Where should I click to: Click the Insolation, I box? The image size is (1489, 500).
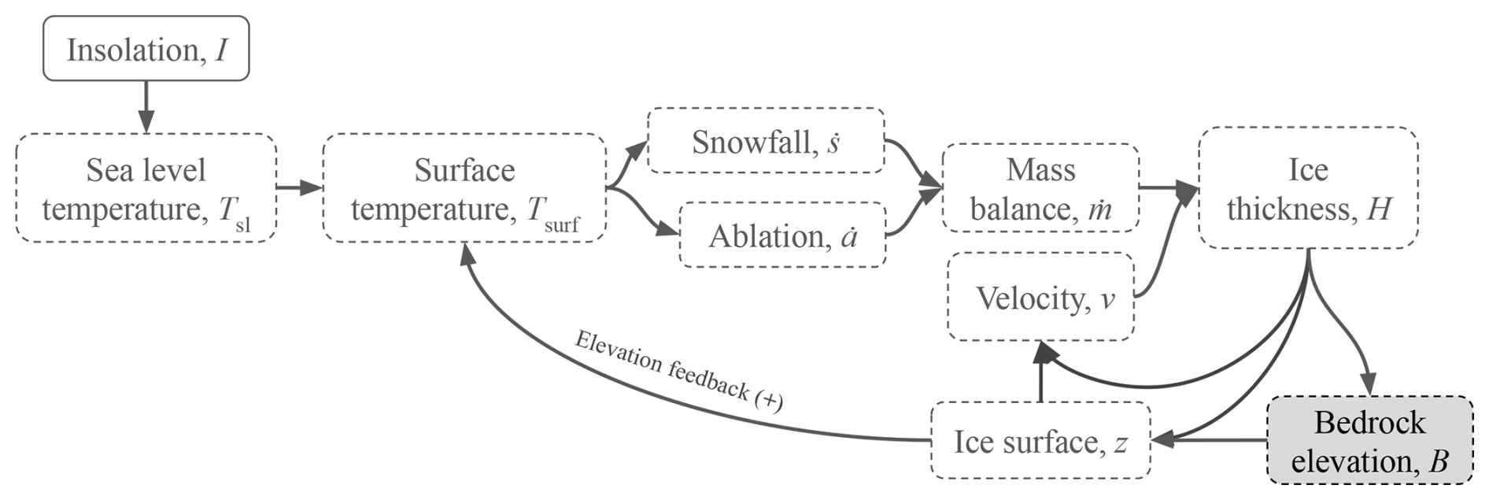click(x=146, y=49)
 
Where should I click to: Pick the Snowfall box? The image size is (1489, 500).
click(x=765, y=141)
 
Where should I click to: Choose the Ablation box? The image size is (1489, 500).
click(x=782, y=235)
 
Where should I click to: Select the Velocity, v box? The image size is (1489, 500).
click(x=1040, y=297)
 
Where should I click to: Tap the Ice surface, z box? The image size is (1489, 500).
click(x=1040, y=441)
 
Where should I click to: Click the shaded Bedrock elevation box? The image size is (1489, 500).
click(x=1369, y=441)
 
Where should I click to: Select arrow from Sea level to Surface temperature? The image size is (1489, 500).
click(x=299, y=187)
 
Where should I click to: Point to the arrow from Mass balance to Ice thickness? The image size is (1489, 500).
click(x=1168, y=187)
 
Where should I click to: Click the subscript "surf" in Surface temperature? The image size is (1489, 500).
click(x=561, y=226)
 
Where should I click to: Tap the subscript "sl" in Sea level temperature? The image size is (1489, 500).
click(x=243, y=226)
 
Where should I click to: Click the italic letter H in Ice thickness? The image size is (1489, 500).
click(x=1379, y=209)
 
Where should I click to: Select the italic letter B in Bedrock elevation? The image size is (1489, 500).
click(x=1438, y=461)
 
